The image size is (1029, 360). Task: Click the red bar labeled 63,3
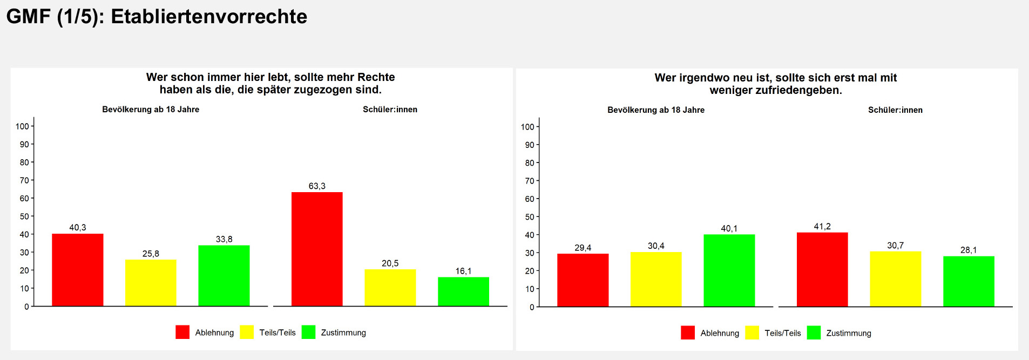pos(317,249)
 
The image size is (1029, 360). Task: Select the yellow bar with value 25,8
pos(151,283)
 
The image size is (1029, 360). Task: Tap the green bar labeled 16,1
pos(463,291)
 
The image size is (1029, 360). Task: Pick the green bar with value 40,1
pos(729,270)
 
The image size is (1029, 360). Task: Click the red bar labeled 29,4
pos(583,280)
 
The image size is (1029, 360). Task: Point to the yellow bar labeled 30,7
pos(895,279)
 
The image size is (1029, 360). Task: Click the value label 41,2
pos(822,227)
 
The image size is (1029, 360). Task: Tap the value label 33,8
pos(224,239)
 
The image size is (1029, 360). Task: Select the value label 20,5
pos(390,263)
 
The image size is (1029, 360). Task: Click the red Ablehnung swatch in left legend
pos(182,332)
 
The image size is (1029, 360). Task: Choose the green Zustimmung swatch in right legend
pos(814,332)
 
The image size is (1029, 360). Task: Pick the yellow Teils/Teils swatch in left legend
pos(247,332)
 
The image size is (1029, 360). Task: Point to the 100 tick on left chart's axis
pos(22,126)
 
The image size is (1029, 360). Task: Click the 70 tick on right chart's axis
pos(529,181)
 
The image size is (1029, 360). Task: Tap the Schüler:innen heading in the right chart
pos(895,110)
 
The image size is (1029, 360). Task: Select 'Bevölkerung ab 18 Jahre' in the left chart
pos(151,110)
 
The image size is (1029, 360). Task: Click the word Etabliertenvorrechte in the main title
pos(209,17)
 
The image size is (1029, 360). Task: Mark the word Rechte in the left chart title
pos(376,77)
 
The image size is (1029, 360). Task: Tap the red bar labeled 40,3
pos(78,270)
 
